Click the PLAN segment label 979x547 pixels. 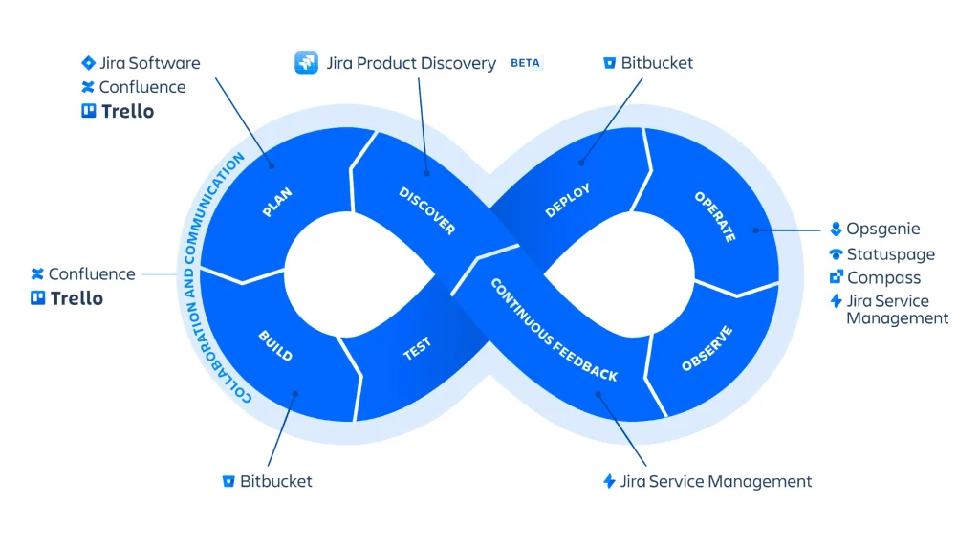[x=277, y=202]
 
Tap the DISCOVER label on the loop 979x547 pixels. [x=426, y=211]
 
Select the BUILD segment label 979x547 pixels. [x=275, y=345]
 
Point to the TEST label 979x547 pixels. [x=417, y=348]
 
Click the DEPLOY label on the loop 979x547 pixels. [x=568, y=201]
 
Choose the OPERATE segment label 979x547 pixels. [x=714, y=216]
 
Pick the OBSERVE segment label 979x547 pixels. [x=707, y=349]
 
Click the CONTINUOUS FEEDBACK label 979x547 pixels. [x=554, y=330]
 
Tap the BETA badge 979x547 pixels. [x=525, y=63]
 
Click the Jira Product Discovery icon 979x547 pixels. [x=306, y=63]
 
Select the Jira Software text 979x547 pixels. [x=150, y=63]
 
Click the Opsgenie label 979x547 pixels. [x=882, y=230]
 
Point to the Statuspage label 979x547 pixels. [x=890, y=254]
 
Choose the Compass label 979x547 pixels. [x=883, y=278]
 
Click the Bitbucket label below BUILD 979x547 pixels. [x=275, y=481]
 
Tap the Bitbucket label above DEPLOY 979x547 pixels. [x=657, y=63]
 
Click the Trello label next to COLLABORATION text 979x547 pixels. [x=76, y=298]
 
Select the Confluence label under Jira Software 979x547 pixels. [x=142, y=87]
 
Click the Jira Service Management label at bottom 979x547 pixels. [x=716, y=481]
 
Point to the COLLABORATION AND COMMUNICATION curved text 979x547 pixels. [x=212, y=277]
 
